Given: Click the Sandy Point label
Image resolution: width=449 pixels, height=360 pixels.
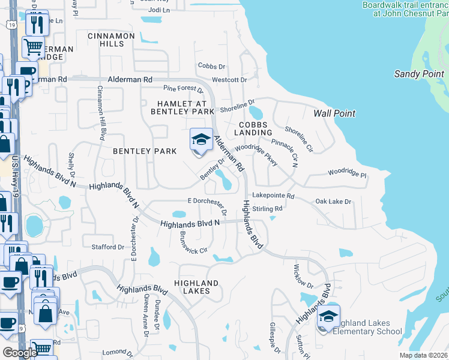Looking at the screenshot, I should click(418, 74).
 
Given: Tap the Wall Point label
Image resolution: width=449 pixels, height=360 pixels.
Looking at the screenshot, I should click(334, 113).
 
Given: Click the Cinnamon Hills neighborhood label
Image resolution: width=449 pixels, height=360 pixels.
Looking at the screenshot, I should click(111, 40).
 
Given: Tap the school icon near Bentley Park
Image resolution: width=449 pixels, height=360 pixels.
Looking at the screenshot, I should click(201, 140).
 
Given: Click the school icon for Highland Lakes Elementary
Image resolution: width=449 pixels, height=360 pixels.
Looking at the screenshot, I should click(329, 316).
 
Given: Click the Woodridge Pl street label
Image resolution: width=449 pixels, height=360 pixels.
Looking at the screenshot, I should click(347, 173).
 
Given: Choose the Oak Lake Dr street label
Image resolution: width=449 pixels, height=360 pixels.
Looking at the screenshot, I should click(333, 202).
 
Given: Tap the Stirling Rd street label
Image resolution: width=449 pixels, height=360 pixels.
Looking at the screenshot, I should click(268, 209).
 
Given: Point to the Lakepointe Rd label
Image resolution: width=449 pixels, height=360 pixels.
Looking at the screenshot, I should click(273, 196).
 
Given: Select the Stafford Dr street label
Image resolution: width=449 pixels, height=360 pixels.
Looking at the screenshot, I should click(108, 247).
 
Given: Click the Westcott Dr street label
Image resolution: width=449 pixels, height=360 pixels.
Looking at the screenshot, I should click(229, 80).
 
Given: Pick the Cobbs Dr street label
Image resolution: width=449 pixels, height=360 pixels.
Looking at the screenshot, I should click(211, 67).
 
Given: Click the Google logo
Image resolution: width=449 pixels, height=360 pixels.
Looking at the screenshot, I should click(20, 353).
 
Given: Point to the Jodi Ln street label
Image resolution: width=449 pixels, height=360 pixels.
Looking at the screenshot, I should click(159, 10).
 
